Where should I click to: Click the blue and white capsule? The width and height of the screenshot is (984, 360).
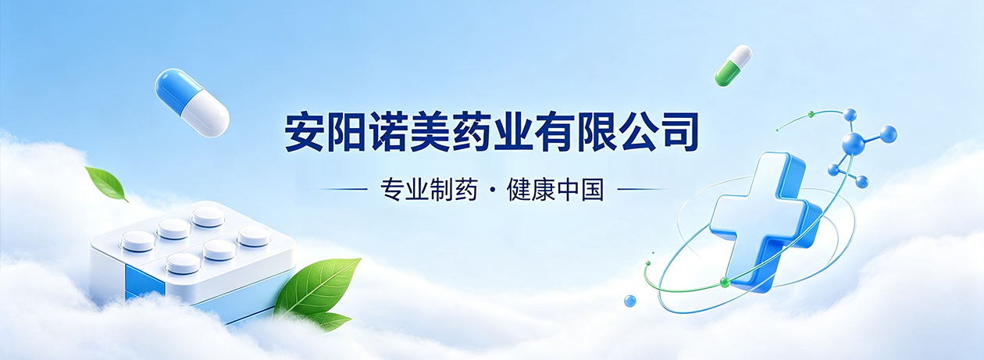pos(192,103)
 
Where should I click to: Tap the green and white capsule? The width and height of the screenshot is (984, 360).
pos(733,66)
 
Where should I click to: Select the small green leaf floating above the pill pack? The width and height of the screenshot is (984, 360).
pos(106,184)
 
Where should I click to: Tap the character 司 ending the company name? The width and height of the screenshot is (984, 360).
pos(679,133)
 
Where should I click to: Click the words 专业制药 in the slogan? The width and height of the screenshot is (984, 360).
pos(429,190)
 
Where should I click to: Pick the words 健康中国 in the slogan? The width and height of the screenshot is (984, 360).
pos(555,190)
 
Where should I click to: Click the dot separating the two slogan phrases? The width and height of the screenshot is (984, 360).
pos(492,190)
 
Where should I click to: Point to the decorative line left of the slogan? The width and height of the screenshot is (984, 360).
pos(340,190)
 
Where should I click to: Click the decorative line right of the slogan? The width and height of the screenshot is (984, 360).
pos(644,190)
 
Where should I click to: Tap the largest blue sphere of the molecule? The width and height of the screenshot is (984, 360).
pos(853,143)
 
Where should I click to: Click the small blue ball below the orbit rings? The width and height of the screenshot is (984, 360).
pos(630,301)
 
